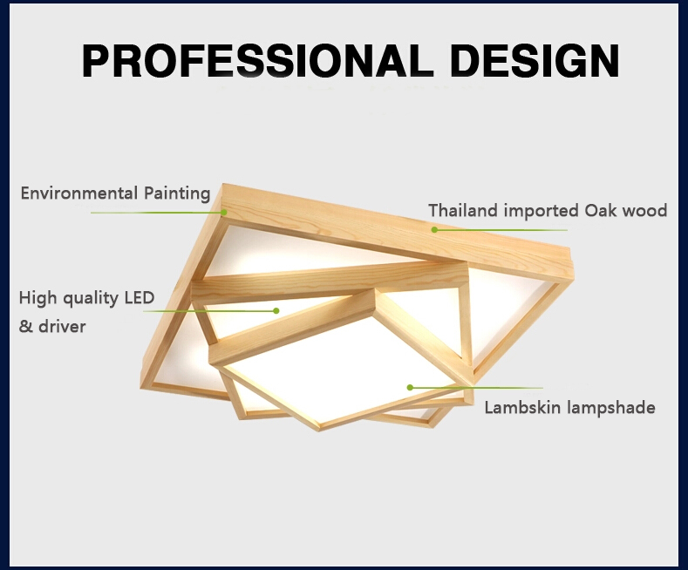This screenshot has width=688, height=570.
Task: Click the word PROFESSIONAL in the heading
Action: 255,60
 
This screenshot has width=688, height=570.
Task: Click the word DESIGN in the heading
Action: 535,60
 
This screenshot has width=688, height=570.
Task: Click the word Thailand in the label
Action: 463,210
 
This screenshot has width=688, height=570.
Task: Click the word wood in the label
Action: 645,210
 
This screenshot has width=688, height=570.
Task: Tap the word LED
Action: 140,298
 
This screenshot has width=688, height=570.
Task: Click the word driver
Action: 62,326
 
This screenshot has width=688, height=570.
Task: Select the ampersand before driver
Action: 26,327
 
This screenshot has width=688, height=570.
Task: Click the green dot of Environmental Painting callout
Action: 224,213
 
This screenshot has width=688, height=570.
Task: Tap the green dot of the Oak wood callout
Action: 434,230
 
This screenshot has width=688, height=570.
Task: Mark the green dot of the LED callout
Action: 276,311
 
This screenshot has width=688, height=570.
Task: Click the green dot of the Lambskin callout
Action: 410,388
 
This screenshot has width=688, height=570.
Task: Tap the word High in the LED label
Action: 38,299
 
